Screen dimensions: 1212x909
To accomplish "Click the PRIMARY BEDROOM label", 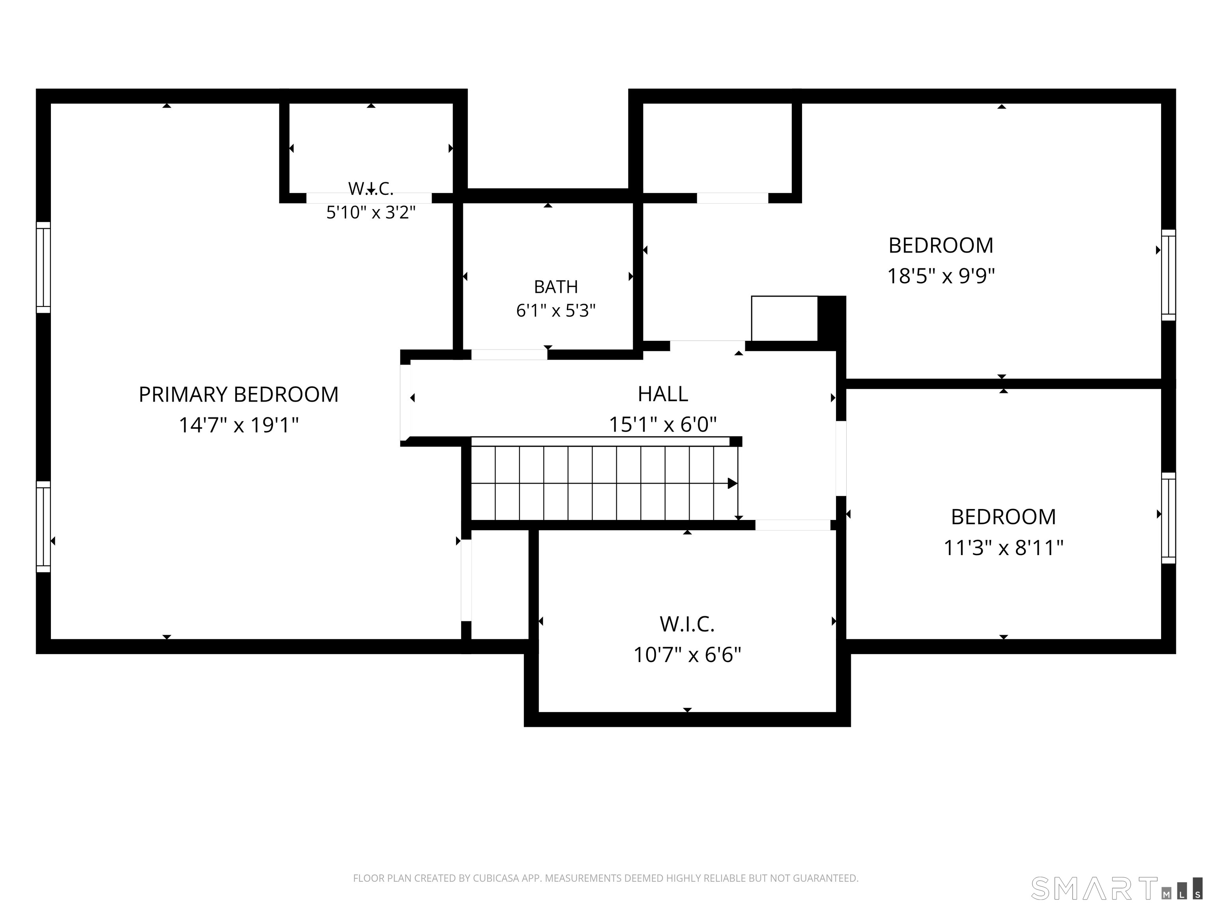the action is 238,395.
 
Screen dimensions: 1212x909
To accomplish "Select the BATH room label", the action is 555,286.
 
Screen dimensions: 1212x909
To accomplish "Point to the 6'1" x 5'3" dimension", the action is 555,310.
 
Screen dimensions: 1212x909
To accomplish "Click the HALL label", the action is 662,394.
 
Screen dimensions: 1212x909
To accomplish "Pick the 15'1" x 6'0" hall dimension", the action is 662,424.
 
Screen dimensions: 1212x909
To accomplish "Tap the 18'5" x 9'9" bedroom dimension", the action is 941,276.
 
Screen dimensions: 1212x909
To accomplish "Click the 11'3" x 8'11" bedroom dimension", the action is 1003,547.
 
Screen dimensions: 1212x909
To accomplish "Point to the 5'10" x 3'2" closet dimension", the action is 371,212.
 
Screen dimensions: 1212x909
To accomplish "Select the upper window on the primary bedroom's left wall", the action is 43,267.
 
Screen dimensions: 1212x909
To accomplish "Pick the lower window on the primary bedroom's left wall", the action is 43,527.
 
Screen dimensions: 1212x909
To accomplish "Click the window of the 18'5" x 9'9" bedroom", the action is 1169,275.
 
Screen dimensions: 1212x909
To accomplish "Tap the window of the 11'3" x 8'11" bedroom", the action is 1169,518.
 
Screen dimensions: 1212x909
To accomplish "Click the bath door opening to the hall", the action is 509,355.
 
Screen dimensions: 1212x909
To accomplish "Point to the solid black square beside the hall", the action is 832,318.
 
